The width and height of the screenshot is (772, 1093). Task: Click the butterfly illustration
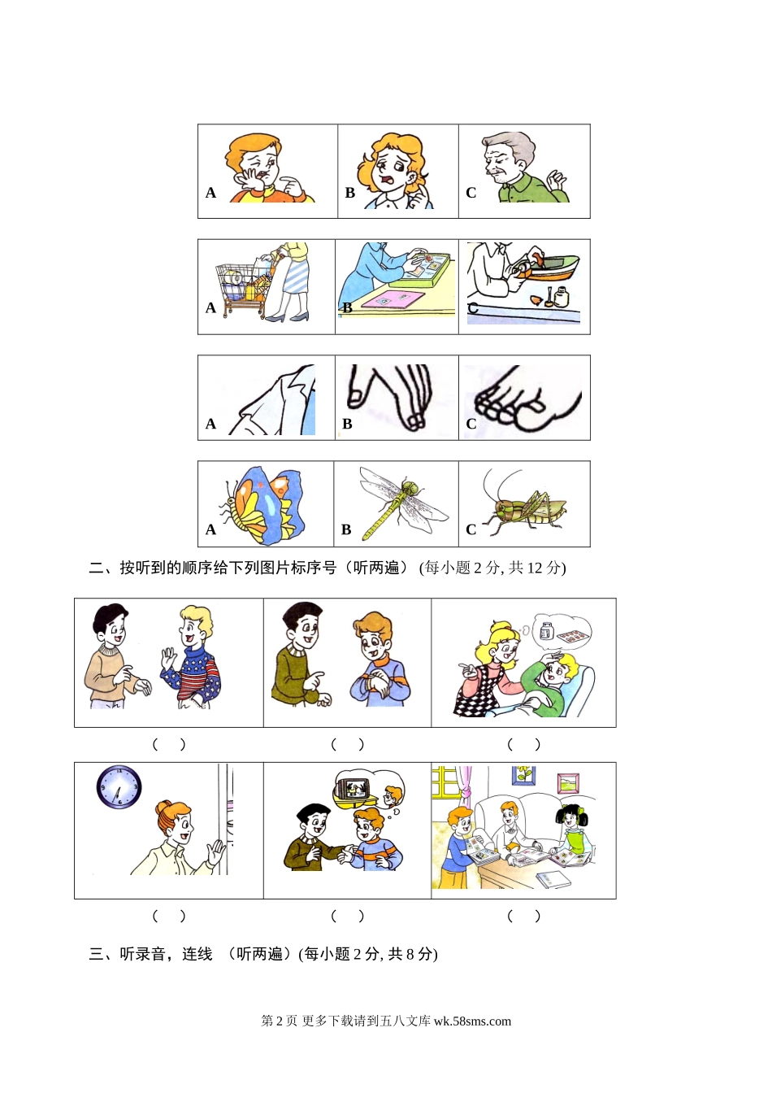coord(263,505)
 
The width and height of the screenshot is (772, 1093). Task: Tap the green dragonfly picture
coord(403,503)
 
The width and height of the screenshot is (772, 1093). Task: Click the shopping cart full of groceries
coord(242,290)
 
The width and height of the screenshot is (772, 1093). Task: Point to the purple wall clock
coord(119,787)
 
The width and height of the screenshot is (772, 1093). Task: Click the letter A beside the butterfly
coord(210,529)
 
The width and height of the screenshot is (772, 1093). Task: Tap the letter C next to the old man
coord(471,193)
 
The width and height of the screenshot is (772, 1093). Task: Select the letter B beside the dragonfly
coord(346,529)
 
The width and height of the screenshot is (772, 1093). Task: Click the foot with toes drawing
coord(527,399)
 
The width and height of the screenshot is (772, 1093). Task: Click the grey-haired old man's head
coord(508,157)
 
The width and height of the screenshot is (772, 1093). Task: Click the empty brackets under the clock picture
coord(169,916)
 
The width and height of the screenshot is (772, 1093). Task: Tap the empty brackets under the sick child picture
coord(524,744)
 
